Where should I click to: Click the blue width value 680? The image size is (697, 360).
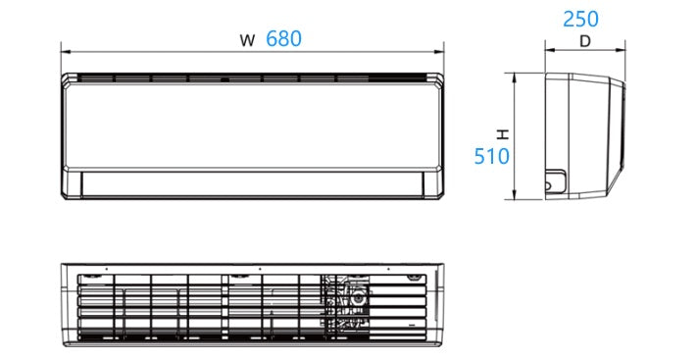(283, 38)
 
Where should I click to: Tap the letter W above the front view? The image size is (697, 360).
(247, 40)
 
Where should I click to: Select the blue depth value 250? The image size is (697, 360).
(580, 20)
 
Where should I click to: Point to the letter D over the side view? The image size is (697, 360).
(585, 41)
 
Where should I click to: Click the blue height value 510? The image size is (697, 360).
(492, 157)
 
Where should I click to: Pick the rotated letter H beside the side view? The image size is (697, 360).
(503, 134)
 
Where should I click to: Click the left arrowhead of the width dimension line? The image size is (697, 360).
(66, 52)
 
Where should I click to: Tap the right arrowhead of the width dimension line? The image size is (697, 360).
(439, 52)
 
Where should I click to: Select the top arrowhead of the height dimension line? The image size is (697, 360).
(515, 78)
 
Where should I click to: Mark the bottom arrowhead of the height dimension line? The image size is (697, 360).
(515, 194)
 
